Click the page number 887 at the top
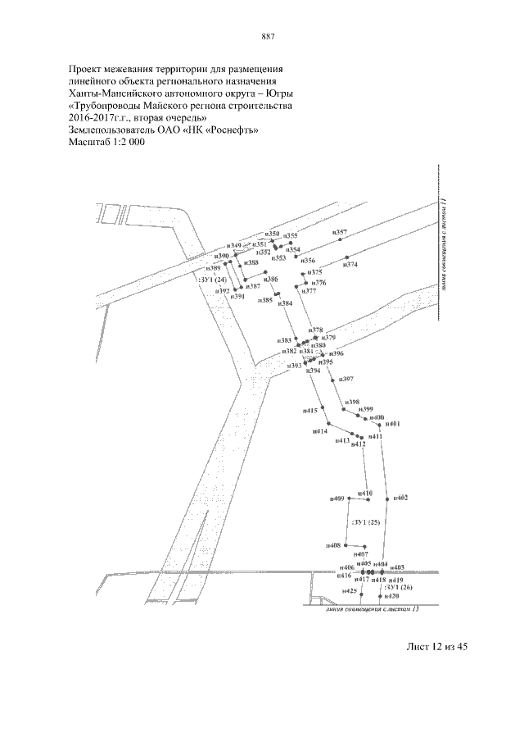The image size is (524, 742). point(267,36)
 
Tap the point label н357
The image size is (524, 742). point(341,233)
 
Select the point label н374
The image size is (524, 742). point(350,265)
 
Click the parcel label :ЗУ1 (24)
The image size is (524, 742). point(212,280)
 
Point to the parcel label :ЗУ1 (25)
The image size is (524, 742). point(365,522)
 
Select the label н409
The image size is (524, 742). point(337,498)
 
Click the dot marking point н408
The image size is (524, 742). point(346,545)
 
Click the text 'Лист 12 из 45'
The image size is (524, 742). point(436,648)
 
